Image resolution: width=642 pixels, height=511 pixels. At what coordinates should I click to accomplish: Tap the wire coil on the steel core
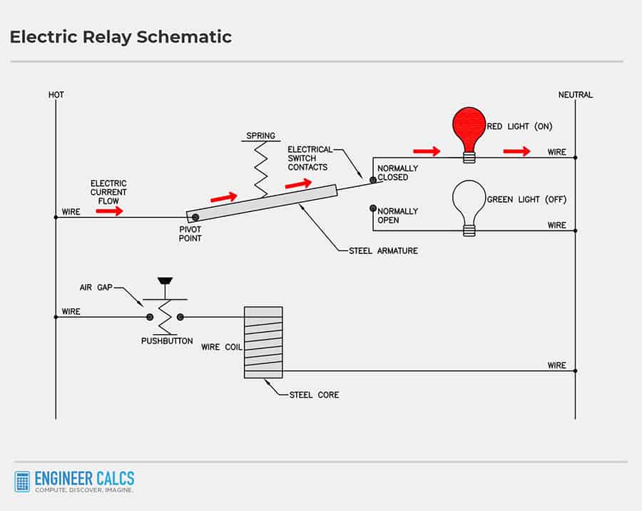tap(263, 343)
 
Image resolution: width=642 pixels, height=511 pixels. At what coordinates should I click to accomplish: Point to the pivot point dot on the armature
tap(195, 217)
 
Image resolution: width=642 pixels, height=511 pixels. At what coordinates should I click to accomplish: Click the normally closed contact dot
tap(372, 180)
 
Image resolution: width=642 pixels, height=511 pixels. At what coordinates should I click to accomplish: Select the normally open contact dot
tap(372, 208)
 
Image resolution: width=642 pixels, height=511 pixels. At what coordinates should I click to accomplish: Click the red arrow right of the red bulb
tap(516, 151)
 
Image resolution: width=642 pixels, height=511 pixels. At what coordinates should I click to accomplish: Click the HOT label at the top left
tap(56, 95)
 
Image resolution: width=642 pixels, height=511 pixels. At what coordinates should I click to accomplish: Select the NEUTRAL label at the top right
tap(575, 95)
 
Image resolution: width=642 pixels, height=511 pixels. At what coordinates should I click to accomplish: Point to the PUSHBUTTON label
tap(166, 341)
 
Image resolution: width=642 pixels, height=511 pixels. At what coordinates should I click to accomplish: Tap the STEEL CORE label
tap(314, 395)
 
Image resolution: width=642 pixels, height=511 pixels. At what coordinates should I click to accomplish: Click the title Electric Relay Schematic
tap(121, 37)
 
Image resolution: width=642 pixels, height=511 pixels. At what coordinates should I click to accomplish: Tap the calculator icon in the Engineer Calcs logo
tap(22, 482)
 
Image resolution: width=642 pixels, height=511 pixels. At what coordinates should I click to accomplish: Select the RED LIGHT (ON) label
tap(519, 126)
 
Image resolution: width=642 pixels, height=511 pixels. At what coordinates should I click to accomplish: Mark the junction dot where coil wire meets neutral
tap(575, 370)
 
